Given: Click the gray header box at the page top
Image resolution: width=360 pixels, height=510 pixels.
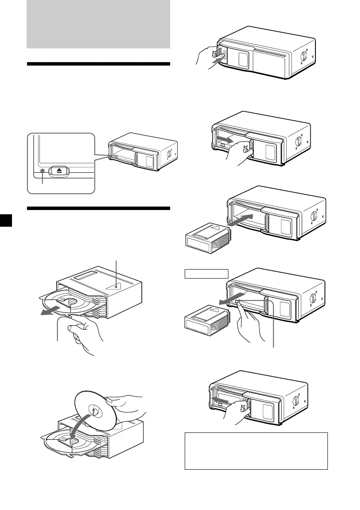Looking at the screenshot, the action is (99, 24).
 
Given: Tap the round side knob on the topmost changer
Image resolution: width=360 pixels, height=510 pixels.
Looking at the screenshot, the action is (305, 57).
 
